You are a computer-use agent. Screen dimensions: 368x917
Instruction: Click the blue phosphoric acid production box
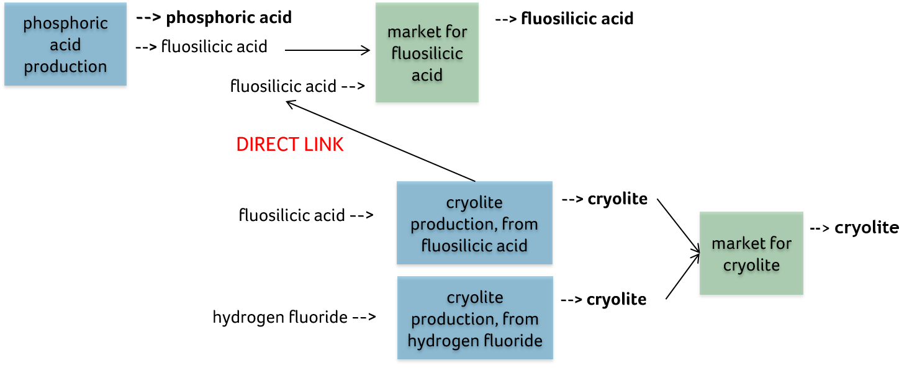click(65, 44)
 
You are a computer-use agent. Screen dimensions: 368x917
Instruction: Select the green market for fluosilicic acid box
click(427, 53)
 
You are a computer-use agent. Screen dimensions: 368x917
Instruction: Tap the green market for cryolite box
click(751, 253)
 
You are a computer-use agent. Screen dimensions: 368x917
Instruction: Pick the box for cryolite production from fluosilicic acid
click(474, 223)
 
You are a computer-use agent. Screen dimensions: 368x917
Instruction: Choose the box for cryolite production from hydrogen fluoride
click(475, 318)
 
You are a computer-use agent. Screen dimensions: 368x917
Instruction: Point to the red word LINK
click(323, 145)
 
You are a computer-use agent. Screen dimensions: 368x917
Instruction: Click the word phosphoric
click(65, 24)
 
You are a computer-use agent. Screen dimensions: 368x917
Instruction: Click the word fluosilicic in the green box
click(427, 53)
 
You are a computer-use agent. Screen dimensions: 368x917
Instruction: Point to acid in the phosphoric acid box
click(65, 45)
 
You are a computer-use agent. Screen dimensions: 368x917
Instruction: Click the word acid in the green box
click(427, 75)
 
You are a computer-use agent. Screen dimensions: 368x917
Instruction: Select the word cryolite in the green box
click(751, 266)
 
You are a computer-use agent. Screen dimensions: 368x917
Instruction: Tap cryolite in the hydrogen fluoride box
click(475, 297)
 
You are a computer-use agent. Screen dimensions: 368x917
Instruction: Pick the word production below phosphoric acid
click(65, 66)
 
